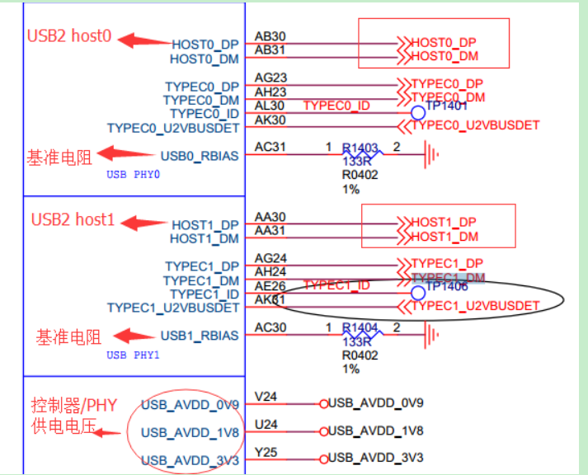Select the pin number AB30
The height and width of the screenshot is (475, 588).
point(270,37)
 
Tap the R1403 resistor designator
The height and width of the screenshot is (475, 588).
point(361,148)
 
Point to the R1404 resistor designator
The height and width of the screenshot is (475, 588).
point(360,328)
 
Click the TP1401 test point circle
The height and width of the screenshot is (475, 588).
point(418,112)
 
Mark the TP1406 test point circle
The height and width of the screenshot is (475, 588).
point(418,292)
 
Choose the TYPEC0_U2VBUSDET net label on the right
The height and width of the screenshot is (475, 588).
point(475,125)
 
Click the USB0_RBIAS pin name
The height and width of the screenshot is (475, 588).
point(200,155)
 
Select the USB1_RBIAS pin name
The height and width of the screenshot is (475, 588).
point(200,336)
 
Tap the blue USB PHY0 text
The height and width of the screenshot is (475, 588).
point(133,175)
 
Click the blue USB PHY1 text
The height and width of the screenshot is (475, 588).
point(133,355)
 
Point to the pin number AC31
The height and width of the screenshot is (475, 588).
point(270,148)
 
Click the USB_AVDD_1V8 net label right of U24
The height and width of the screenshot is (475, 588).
point(375,430)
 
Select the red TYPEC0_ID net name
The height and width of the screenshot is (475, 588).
point(336,106)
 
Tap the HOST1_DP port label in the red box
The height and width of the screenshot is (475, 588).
point(444,223)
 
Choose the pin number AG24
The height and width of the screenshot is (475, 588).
point(270,258)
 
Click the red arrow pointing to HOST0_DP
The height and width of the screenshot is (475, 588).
point(143,40)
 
